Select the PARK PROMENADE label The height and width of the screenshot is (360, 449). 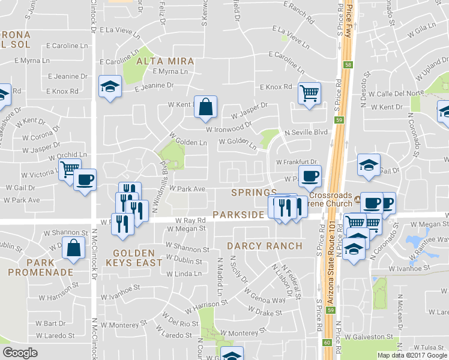tap(49, 268)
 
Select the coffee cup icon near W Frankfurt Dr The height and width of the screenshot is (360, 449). tap(310, 176)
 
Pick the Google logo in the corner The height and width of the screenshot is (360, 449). tap(20, 353)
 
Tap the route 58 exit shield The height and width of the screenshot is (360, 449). tap(347, 65)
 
